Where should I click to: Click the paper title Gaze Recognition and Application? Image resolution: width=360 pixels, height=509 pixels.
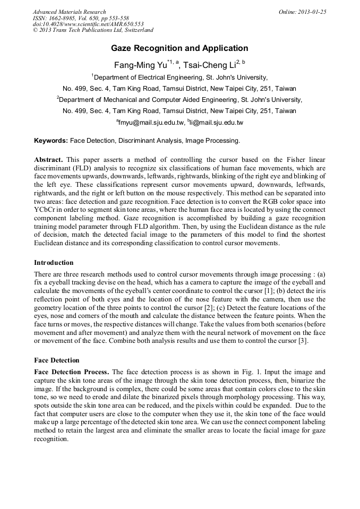click(x=179, y=48)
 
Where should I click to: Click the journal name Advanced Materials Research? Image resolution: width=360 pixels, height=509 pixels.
click(x=69, y=12)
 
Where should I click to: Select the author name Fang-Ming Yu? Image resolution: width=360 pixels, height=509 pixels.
click(x=140, y=65)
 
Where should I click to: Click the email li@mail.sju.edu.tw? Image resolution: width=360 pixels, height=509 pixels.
click(x=216, y=123)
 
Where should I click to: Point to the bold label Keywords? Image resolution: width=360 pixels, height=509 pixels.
click(x=51, y=141)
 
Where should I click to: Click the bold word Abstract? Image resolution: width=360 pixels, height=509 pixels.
click(x=48, y=160)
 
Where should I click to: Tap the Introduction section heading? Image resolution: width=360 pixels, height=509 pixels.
click(x=54, y=263)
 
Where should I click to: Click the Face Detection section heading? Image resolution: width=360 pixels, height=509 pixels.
click(x=56, y=360)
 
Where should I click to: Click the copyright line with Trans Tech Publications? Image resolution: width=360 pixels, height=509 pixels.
click(x=93, y=31)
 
